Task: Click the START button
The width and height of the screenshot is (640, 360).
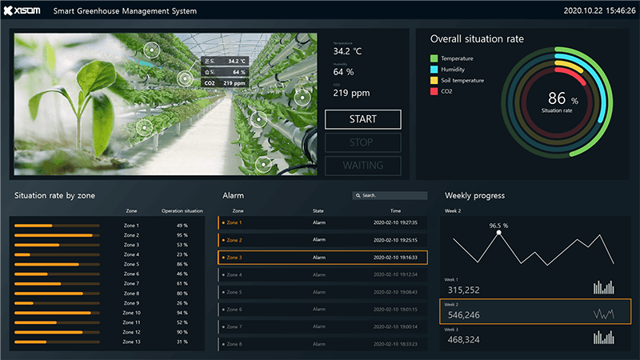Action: point(362,119)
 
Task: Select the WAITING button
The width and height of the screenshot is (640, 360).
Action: point(362,166)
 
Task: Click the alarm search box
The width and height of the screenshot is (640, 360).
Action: point(390,195)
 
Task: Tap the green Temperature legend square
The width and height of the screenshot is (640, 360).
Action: point(434,58)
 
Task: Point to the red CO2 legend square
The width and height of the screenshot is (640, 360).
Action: point(434,91)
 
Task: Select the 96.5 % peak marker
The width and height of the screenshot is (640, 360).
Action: point(499,233)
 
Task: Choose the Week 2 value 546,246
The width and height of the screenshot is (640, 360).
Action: point(463,315)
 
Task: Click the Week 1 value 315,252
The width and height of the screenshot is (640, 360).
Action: point(463,290)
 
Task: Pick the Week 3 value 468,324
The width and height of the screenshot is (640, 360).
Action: point(463,340)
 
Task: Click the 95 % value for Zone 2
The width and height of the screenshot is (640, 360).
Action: point(182,235)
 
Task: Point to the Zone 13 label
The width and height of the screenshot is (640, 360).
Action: point(131,342)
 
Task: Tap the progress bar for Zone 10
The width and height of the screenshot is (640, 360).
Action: point(57,313)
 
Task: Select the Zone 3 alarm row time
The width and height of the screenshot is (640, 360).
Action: point(395,258)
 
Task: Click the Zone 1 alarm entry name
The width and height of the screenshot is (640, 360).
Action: point(234,222)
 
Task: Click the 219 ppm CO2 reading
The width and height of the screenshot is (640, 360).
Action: point(351,93)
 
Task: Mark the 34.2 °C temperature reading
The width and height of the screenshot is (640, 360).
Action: point(348,51)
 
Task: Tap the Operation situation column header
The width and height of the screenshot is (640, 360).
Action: point(182,211)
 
